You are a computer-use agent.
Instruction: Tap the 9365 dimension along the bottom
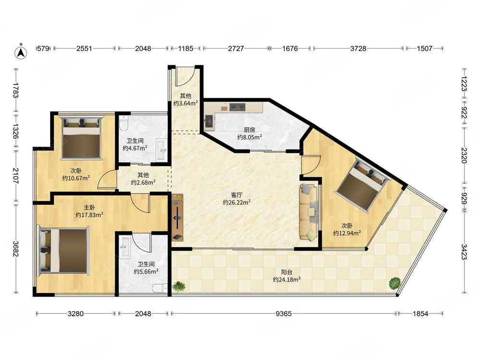[284, 313]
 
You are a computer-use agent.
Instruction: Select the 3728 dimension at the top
[358, 48]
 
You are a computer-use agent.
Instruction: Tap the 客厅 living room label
[237, 195]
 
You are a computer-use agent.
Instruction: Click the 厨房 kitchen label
[250, 130]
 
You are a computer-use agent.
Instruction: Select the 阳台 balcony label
[287, 272]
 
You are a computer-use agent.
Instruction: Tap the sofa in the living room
[309, 212]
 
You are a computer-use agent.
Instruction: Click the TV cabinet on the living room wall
[177, 217]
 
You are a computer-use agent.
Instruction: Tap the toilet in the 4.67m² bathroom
[123, 123]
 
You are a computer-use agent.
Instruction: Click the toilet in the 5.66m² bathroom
[160, 288]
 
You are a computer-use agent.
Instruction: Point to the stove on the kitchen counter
[238, 107]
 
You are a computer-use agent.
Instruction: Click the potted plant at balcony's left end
[179, 287]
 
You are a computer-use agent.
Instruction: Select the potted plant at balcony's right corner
[395, 283]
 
